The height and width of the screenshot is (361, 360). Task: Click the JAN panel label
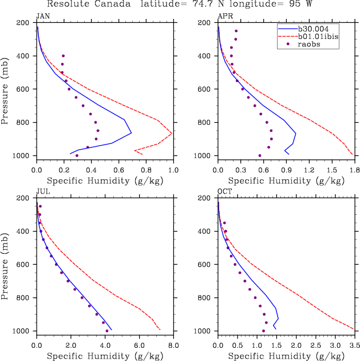pyautogui.click(x=43, y=15)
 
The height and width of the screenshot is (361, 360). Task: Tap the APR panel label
pyautogui.click(x=224, y=15)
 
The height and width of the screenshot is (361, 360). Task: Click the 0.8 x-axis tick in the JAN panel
pyautogui.click(x=146, y=169)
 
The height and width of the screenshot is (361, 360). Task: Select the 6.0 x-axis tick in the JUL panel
pyautogui.click(x=139, y=345)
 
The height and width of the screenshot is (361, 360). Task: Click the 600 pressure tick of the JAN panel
pyautogui.click(x=25, y=89)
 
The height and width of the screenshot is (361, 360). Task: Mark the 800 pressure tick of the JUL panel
pyautogui.click(x=25, y=298)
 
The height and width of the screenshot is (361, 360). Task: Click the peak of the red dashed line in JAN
pyautogui.click(x=172, y=133)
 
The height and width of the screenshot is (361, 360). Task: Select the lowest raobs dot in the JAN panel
pyautogui.click(x=77, y=155)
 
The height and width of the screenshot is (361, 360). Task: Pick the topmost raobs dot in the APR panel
pyautogui.click(x=236, y=31)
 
